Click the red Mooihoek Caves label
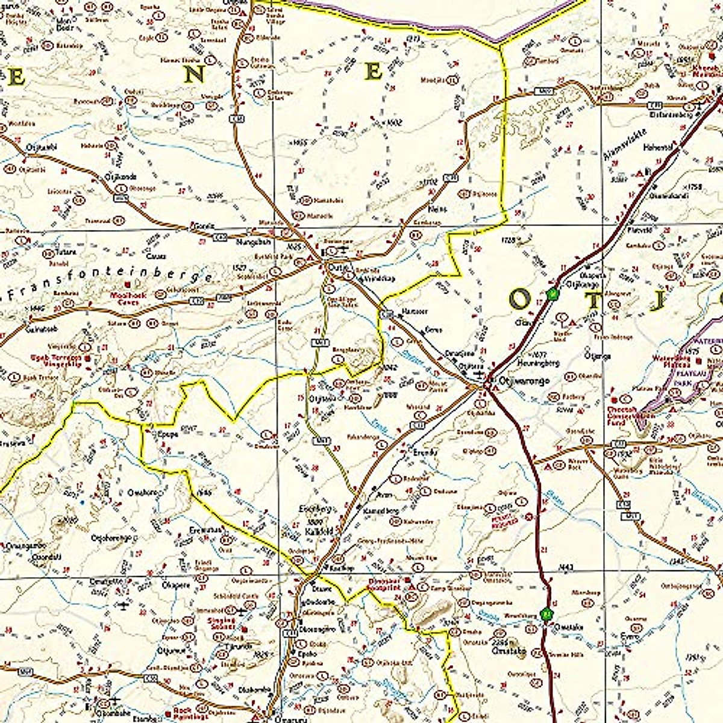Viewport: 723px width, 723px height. click(136, 298)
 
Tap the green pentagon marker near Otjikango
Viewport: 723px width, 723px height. click(552, 294)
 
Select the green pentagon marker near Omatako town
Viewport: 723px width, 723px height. click(546, 615)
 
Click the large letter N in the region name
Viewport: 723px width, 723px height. click(195, 75)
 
